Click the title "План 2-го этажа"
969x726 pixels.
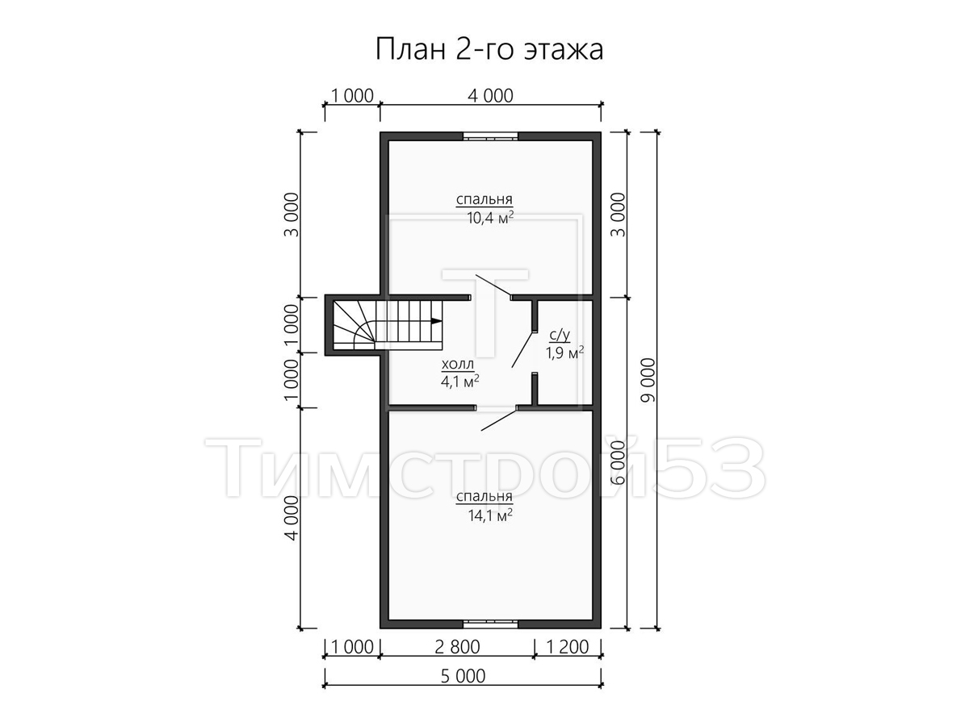pyautogui.click(x=489, y=49)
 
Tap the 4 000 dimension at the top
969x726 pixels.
pyautogui.click(x=490, y=96)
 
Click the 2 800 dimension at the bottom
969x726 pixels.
pyautogui.click(x=457, y=647)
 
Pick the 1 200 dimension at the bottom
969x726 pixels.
pyautogui.click(x=568, y=647)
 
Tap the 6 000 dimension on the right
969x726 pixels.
pyautogui.click(x=619, y=462)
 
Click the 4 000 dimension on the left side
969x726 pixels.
pyautogui.click(x=292, y=518)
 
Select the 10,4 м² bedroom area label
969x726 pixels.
pyautogui.click(x=490, y=218)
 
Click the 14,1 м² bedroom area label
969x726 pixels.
pyautogui.click(x=490, y=515)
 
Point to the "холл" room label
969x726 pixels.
pyautogui.click(x=457, y=364)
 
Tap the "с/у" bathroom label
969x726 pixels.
pyautogui.click(x=560, y=336)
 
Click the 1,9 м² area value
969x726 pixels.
pyautogui.click(x=564, y=353)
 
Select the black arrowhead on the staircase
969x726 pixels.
pyautogui.click(x=436, y=321)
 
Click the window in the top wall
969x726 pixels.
pyautogui.click(x=490, y=136)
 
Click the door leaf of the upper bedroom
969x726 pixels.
pyautogui.click(x=493, y=285)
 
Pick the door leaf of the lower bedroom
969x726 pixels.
pyautogui.click(x=499, y=419)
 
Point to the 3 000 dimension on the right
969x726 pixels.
pyautogui.click(x=619, y=215)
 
